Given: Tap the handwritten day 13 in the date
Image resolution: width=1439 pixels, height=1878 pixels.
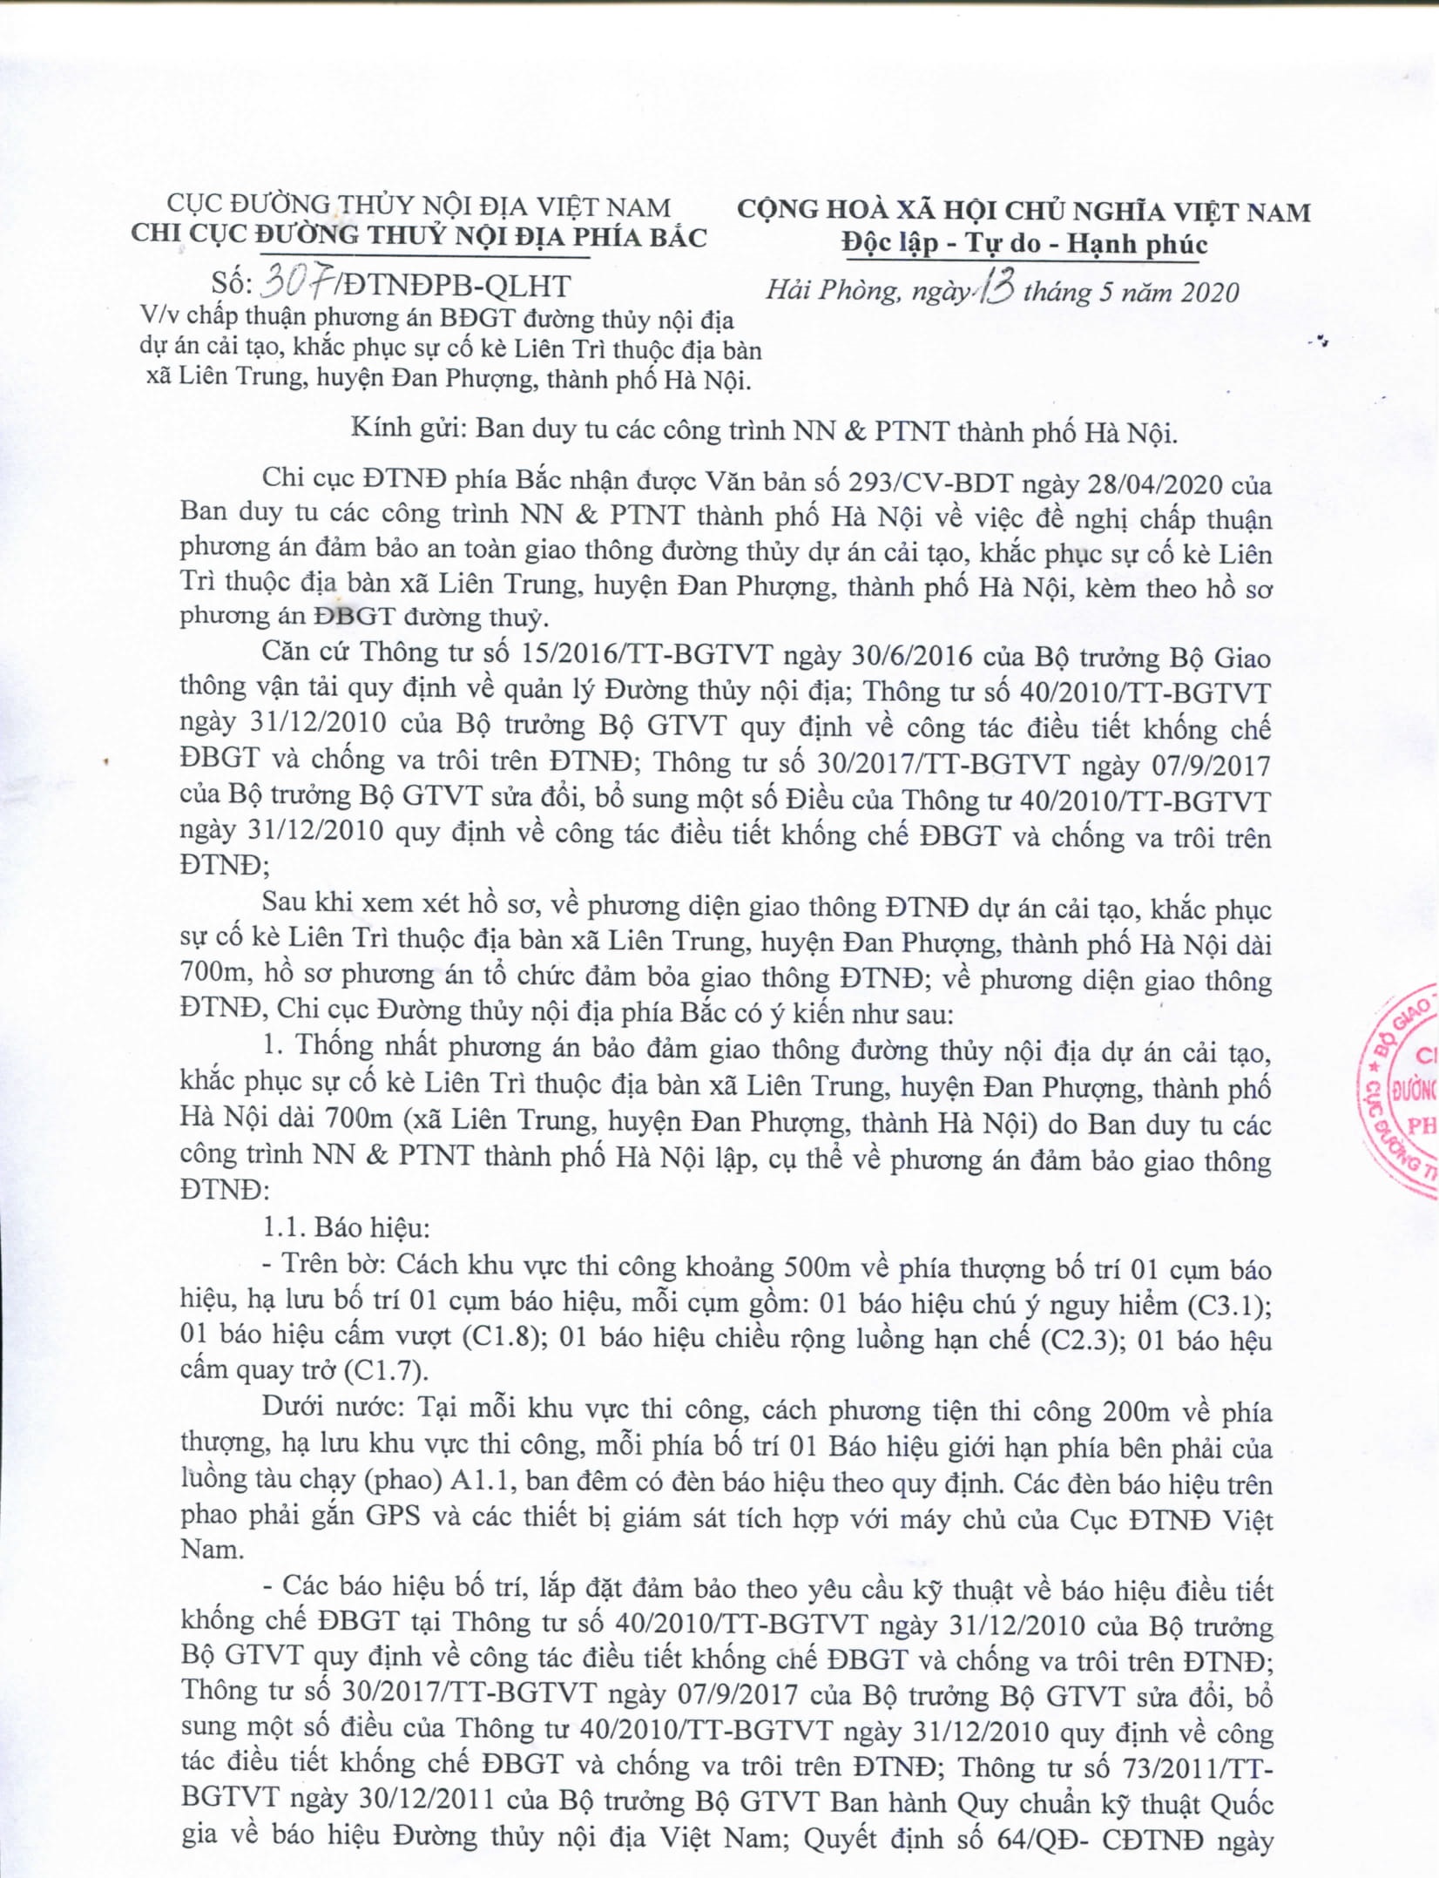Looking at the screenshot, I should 994,288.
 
